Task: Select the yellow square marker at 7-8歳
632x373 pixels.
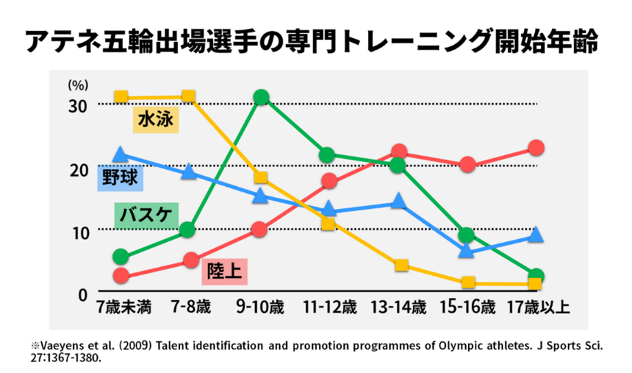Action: coord(189,96)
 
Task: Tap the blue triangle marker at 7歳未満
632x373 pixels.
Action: coord(120,155)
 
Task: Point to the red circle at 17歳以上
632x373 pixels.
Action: coord(536,147)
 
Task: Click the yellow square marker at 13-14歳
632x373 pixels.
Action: coord(401,265)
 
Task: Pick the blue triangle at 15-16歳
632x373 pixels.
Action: coord(466,250)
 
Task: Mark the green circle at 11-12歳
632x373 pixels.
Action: coord(327,155)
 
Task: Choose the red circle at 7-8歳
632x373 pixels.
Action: coord(190,260)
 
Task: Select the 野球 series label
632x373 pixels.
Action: coord(120,179)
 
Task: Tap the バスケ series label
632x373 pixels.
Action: coord(144,216)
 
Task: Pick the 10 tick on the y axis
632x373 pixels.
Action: coord(80,232)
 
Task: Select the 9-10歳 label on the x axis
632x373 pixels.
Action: coord(260,307)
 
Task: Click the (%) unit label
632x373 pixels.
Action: coord(78,85)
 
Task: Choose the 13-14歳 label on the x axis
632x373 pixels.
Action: coord(398,307)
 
